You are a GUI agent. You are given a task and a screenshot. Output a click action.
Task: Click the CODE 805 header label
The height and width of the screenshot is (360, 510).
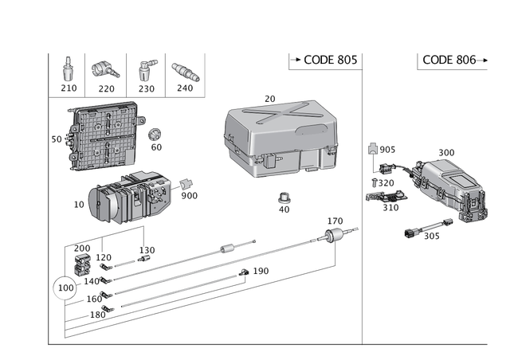[322, 60]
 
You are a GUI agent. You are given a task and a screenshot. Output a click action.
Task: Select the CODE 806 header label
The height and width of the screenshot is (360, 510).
[449, 60]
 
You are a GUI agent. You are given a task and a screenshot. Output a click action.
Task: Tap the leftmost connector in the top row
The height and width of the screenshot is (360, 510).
[68, 69]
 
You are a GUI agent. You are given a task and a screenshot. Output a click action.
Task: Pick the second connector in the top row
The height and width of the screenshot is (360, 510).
[103, 69]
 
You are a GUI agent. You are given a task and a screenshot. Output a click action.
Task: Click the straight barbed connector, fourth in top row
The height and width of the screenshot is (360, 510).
[188, 71]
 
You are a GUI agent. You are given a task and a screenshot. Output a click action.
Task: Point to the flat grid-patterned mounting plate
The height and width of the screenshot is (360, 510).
[100, 137]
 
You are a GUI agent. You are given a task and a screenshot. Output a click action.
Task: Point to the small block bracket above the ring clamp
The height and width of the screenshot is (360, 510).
[81, 262]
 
